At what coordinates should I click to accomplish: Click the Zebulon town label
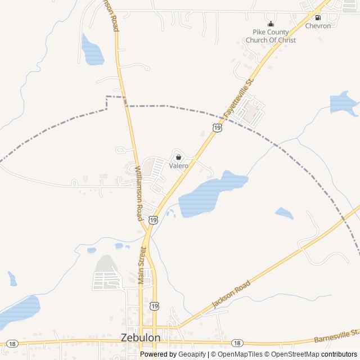[141, 337]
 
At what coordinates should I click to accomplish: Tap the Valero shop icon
[178, 157]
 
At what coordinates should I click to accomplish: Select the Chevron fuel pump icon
[318, 17]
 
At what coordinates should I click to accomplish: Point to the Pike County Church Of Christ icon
[271, 24]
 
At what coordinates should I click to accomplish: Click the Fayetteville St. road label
[238, 98]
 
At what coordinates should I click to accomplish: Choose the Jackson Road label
[231, 295]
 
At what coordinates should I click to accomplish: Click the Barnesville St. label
[336, 336]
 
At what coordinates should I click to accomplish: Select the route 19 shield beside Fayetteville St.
[217, 128]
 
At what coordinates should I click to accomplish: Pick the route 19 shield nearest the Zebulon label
[154, 305]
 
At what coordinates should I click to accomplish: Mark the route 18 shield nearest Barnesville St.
[237, 343]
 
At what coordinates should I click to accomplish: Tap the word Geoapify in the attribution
[193, 354]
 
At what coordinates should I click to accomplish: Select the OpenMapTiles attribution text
[240, 354]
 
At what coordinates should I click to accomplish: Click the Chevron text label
[318, 26]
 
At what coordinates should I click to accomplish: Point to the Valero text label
[178, 166]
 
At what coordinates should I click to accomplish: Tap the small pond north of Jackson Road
[284, 213]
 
